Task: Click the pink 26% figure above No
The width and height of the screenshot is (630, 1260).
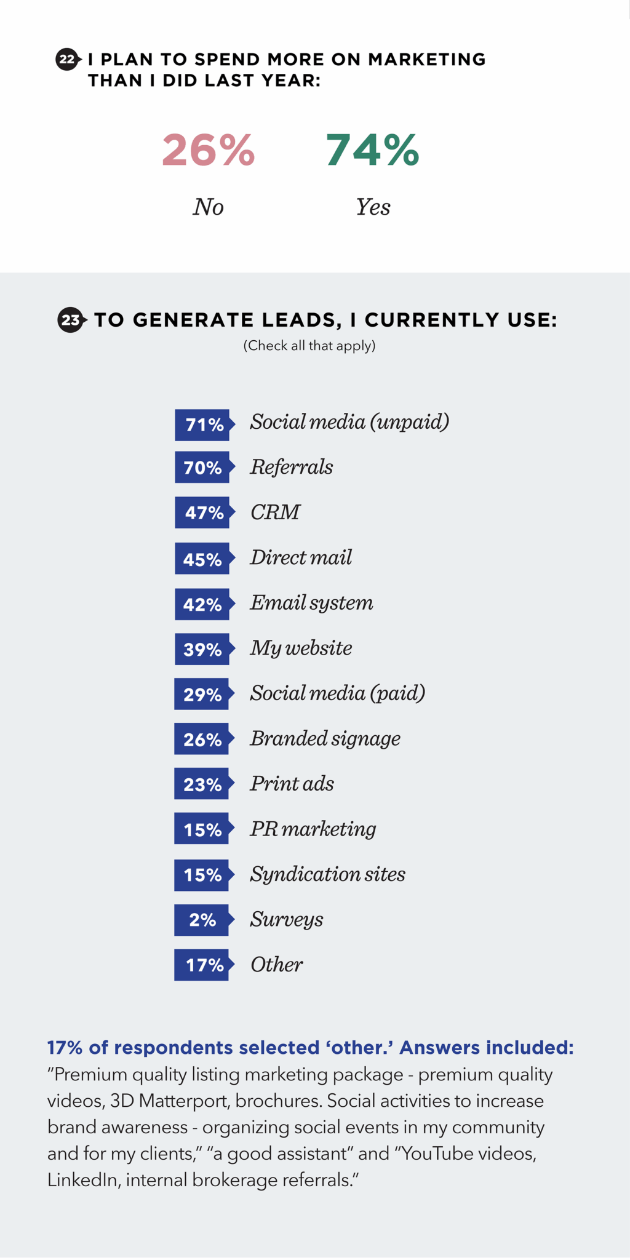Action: pyautogui.click(x=208, y=150)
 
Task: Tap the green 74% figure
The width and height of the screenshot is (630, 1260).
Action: pyautogui.click(x=372, y=150)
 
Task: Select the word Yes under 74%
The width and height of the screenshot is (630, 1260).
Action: pyautogui.click(x=373, y=207)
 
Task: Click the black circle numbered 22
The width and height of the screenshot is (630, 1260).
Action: pyautogui.click(x=67, y=60)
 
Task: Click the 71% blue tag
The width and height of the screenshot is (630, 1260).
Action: pyautogui.click(x=203, y=425)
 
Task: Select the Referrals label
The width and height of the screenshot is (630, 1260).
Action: pyautogui.click(x=291, y=467)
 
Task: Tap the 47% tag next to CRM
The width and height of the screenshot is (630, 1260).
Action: pyautogui.click(x=203, y=512)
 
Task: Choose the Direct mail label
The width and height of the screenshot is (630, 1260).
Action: pyautogui.click(x=301, y=557)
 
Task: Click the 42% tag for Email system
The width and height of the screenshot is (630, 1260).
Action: pyautogui.click(x=202, y=604)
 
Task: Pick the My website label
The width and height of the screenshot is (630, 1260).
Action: pyautogui.click(x=301, y=648)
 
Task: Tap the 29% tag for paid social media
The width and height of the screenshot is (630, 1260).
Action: pyautogui.click(x=202, y=695)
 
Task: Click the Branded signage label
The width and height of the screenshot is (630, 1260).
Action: pyautogui.click(x=325, y=738)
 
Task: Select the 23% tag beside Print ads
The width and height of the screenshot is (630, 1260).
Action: pyautogui.click(x=202, y=784)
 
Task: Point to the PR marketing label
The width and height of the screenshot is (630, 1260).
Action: pyautogui.click(x=313, y=829)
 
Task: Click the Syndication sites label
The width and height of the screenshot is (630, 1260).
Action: pyautogui.click(x=327, y=874)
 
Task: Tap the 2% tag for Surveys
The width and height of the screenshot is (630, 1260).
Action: pyautogui.click(x=202, y=920)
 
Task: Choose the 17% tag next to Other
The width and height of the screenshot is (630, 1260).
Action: pyautogui.click(x=202, y=965)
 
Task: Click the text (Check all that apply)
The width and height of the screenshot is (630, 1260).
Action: pyautogui.click(x=309, y=346)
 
